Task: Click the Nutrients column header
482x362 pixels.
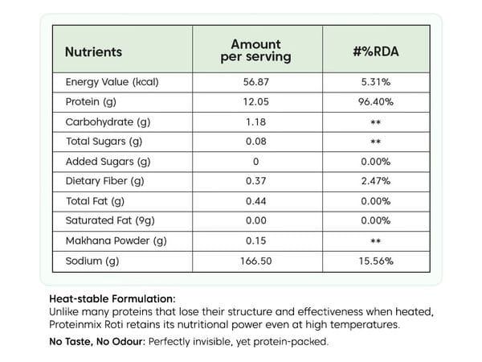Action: (93, 51)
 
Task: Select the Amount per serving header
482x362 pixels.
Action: (255, 51)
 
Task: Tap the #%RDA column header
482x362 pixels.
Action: (376, 51)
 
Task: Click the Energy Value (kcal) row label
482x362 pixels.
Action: (112, 82)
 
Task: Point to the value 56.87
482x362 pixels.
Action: (255, 82)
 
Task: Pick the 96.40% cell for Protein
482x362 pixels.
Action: (376, 102)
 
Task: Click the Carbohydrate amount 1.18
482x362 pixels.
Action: (255, 122)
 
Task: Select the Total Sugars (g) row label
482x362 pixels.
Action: (104, 142)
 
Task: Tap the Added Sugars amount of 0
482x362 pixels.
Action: (255, 162)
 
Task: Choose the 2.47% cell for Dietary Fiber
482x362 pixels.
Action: (376, 181)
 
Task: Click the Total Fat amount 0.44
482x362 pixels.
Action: (255, 201)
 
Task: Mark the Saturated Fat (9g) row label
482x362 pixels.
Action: (110, 220)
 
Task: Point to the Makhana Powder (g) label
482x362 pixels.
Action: (116, 241)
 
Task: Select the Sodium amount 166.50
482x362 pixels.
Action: (255, 261)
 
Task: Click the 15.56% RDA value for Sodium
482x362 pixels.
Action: (376, 261)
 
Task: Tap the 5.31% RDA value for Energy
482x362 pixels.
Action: (376, 82)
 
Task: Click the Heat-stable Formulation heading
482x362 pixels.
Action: (112, 299)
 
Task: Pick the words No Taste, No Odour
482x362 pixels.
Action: (96, 342)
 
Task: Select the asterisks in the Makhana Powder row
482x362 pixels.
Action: (376, 241)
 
